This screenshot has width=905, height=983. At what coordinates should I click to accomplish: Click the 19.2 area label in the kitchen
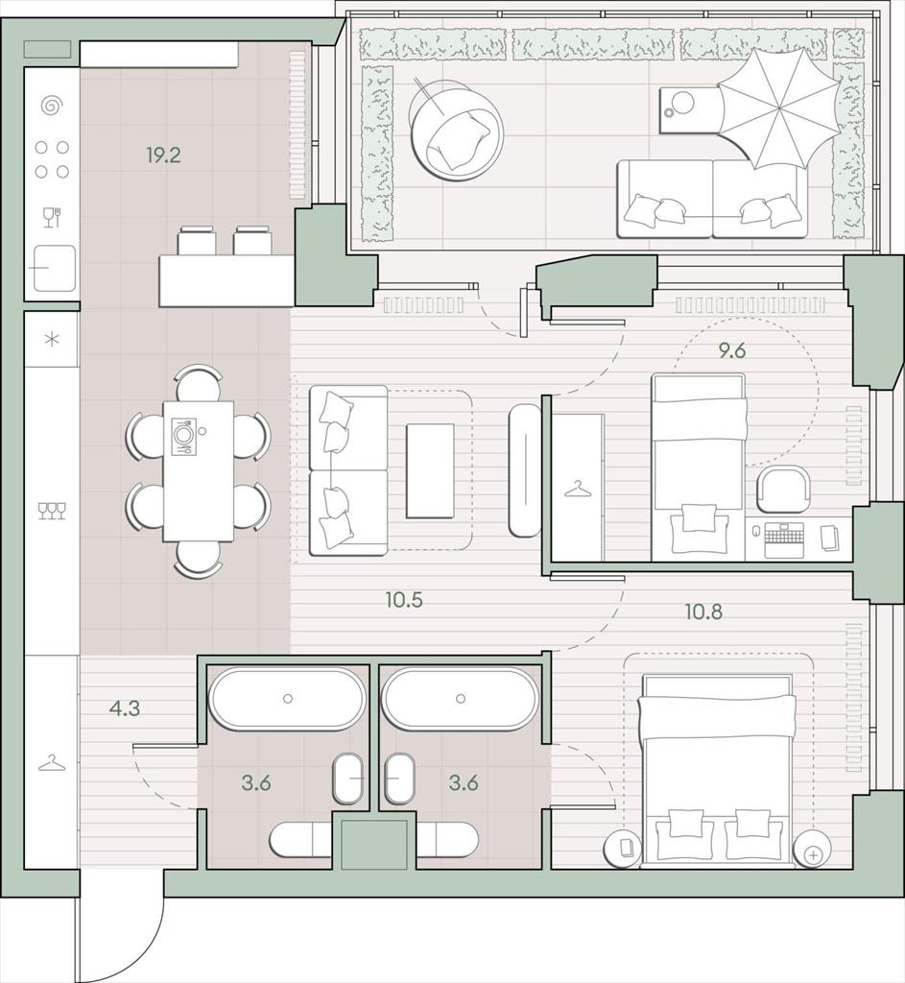(163, 155)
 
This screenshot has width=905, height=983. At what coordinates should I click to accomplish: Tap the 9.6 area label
(732, 351)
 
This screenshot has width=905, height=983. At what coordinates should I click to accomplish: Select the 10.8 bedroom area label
(703, 611)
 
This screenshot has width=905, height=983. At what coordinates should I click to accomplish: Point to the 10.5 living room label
(404, 600)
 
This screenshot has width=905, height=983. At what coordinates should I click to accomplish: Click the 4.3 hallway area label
(124, 709)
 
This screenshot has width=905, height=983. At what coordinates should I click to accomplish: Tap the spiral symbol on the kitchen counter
(52, 106)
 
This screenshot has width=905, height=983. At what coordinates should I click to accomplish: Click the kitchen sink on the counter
(54, 269)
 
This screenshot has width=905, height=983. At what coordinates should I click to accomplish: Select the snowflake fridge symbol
(52, 340)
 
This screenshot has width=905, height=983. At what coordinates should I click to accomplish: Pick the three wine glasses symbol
(52, 511)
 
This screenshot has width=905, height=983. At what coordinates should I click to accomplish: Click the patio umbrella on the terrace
(778, 109)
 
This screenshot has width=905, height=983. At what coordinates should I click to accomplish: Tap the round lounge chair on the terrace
(456, 128)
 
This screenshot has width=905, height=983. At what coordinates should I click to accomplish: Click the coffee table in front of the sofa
(430, 470)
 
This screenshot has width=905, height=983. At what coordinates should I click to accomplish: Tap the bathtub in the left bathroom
(288, 699)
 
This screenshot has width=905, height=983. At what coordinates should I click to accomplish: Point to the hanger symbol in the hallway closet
(52, 763)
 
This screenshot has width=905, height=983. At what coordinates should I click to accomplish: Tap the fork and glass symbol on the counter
(52, 218)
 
